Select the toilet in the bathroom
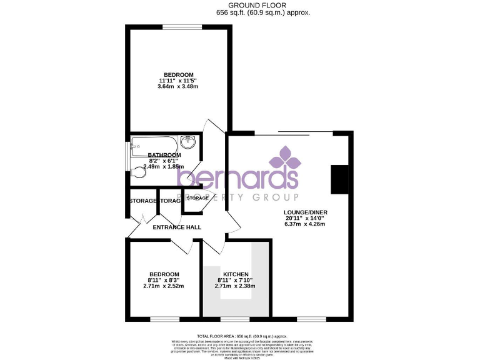[x=139, y=174]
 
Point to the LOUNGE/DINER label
[x=305, y=212]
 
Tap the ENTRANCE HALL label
[x=177, y=227]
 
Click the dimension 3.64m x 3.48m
[x=177, y=86]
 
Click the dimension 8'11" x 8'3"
[x=164, y=280]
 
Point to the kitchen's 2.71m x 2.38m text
[x=234, y=286]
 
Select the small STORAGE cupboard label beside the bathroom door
[x=197, y=198]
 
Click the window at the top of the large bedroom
[x=182, y=26]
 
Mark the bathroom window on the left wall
[x=127, y=156]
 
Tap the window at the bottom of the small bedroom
[x=164, y=319]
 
